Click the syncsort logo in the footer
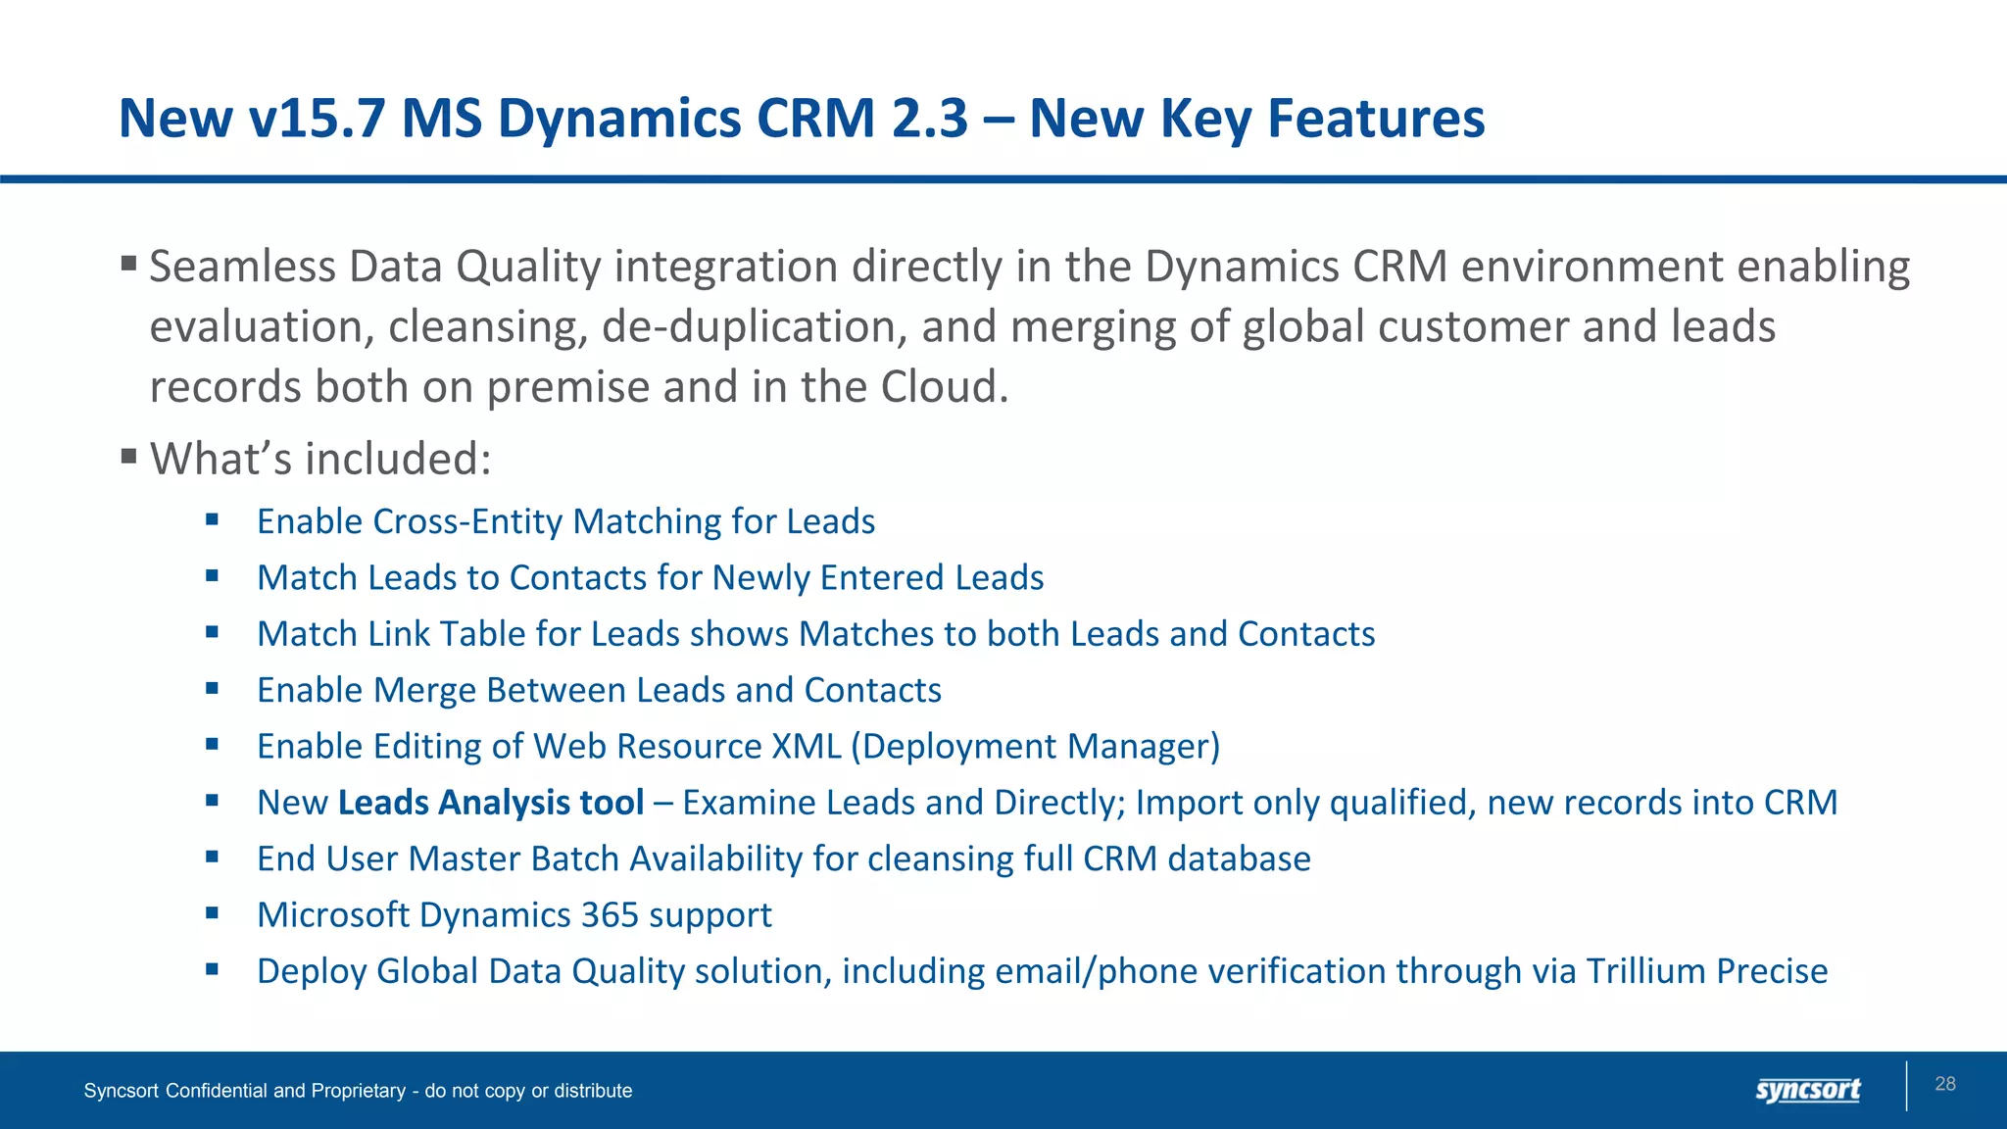(1807, 1090)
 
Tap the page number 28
(1945, 1084)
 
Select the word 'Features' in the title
(1376, 119)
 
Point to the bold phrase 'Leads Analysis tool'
(491, 803)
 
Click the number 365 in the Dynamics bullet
(610, 915)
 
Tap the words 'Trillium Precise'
(1706, 971)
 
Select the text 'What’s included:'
(320, 459)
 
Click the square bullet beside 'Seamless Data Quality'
(128, 263)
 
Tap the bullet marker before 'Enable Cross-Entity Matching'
(212, 519)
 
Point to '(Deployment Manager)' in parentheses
(1036, 747)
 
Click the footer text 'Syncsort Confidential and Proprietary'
(245, 1091)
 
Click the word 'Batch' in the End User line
(574, 859)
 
